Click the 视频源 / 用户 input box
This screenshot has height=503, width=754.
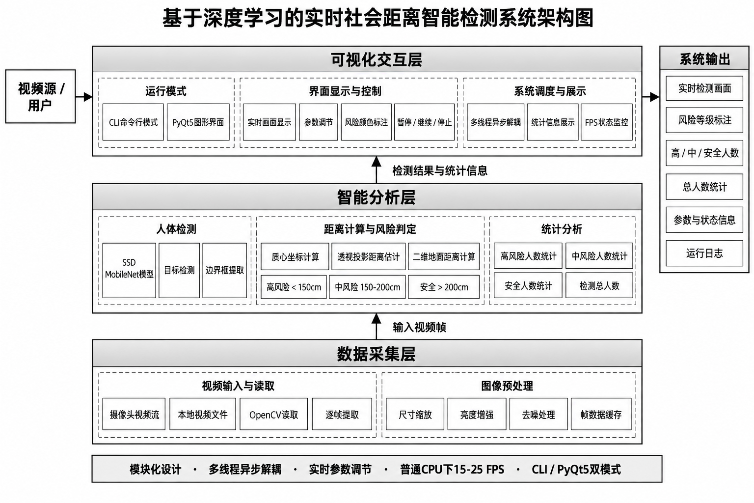[40, 96]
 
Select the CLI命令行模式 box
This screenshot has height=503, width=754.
[133, 122]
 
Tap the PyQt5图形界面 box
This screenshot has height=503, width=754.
[198, 122]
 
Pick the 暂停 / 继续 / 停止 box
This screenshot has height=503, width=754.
[424, 122]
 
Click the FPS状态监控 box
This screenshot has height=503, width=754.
[606, 122]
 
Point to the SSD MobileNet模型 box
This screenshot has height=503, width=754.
[129, 270]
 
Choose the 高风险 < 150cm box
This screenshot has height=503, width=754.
[294, 287]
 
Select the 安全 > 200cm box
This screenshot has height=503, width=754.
[444, 287]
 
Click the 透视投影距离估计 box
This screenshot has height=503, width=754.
[368, 257]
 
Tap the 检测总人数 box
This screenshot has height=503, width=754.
[599, 286]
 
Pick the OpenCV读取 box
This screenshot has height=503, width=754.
[273, 415]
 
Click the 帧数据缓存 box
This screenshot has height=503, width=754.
[601, 415]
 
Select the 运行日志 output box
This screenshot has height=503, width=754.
[704, 253]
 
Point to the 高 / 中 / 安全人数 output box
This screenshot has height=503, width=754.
[704, 153]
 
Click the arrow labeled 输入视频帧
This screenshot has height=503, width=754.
[377, 326]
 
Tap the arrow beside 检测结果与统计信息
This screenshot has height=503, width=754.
[377, 170]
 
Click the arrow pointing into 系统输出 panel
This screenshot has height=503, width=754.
[650, 97]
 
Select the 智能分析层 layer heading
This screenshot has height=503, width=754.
[377, 197]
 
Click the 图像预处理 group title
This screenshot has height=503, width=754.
[507, 386]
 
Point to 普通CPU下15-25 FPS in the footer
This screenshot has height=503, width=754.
[452, 469]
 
